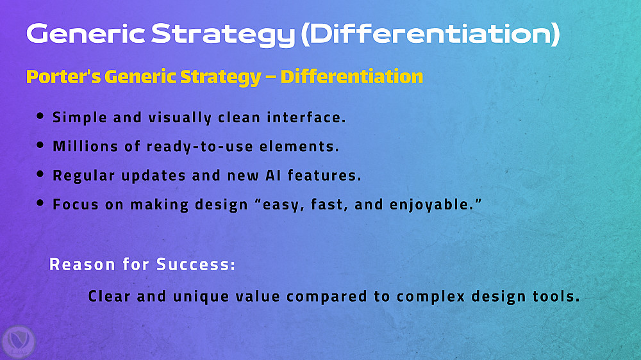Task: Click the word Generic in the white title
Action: click(85, 34)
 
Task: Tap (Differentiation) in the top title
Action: click(431, 34)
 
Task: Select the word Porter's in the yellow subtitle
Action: click(63, 76)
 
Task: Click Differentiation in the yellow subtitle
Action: click(351, 76)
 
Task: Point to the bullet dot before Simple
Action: click(40, 116)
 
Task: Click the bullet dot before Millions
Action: click(40, 145)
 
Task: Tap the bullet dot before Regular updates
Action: click(40, 174)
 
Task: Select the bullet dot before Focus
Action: click(40, 202)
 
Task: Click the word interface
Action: click(306, 117)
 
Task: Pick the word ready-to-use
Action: click(200, 147)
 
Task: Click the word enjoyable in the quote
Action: click(430, 204)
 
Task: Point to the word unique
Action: click(201, 297)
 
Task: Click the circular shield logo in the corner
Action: click(19, 343)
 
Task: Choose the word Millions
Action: click(85, 146)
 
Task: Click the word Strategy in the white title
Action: click(223, 35)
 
